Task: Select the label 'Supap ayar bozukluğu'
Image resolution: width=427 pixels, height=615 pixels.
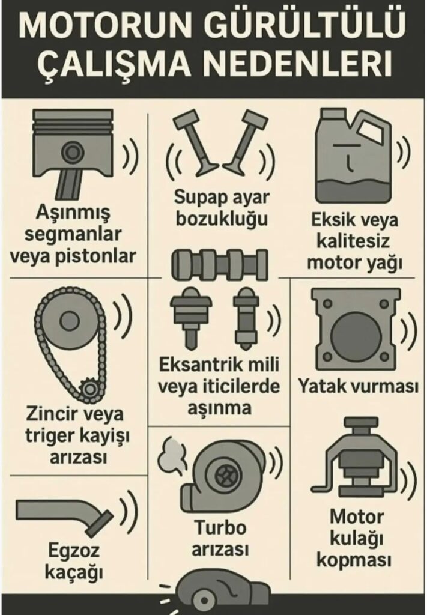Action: (222, 208)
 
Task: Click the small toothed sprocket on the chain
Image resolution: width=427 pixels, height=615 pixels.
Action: (90, 389)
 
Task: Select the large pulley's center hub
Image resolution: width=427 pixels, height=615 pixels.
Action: (69, 320)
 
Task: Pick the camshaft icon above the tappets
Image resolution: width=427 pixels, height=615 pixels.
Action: (220, 265)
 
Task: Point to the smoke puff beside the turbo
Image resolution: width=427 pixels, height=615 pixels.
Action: (172, 455)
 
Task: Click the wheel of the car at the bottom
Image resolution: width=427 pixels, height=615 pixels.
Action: (204, 600)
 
